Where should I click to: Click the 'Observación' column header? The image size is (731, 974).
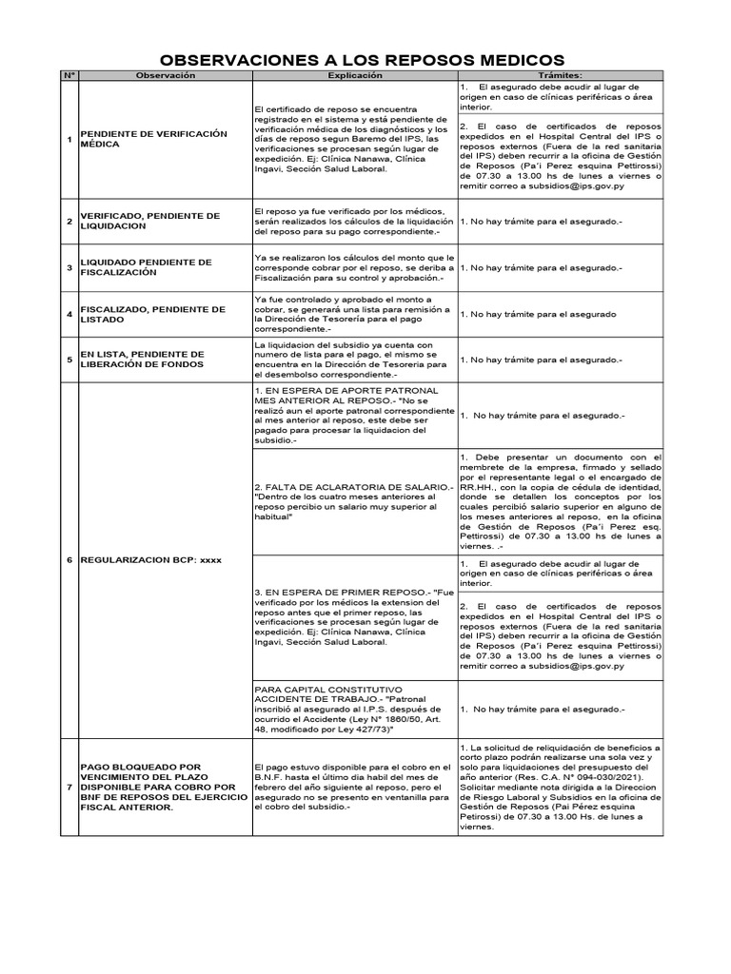click(x=165, y=75)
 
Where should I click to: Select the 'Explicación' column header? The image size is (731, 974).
click(x=354, y=75)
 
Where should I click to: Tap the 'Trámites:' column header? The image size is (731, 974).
click(x=561, y=75)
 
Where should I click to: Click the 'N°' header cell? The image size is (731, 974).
click(x=69, y=75)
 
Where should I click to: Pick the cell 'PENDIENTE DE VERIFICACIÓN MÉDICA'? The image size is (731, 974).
click(x=154, y=141)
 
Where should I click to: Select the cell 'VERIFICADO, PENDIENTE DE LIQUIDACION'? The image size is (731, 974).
click(x=150, y=222)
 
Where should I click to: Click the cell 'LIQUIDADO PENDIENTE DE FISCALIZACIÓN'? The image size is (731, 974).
click(x=147, y=267)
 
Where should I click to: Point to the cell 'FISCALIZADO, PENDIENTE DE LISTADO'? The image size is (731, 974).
click(x=153, y=315)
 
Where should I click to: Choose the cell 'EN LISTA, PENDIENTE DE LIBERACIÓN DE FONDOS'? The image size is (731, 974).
click(x=143, y=360)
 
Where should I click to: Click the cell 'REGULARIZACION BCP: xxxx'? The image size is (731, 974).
click(x=151, y=560)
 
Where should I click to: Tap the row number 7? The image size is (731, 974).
click(x=69, y=788)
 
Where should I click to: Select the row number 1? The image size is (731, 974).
click(x=69, y=141)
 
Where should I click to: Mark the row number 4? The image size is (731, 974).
click(x=69, y=315)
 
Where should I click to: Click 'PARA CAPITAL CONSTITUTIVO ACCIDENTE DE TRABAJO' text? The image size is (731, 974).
click(x=329, y=694)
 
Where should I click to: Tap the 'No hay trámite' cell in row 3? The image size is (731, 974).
click(x=542, y=268)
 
